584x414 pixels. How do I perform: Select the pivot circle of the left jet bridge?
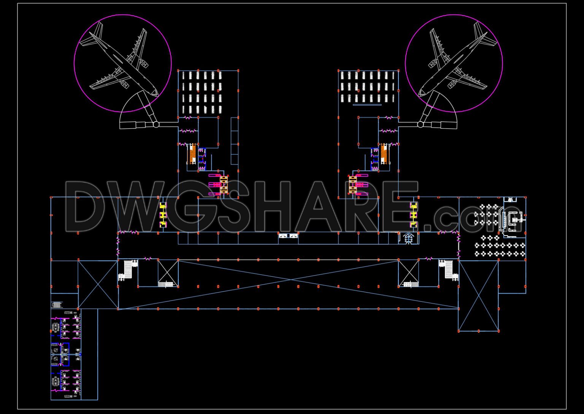(156, 124)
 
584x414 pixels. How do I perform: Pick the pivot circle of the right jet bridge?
(420, 124)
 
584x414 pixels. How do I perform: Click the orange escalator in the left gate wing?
(193, 154)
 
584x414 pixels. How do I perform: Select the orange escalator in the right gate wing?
(384, 154)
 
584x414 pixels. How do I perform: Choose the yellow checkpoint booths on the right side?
(413, 215)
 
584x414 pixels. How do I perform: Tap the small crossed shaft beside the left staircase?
(168, 272)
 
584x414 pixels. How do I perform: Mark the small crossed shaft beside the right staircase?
(408, 272)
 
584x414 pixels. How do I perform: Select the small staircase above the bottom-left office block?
(57, 304)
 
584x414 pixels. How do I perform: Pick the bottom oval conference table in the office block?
(56, 381)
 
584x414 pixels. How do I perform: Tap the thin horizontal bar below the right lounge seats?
(367, 105)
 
